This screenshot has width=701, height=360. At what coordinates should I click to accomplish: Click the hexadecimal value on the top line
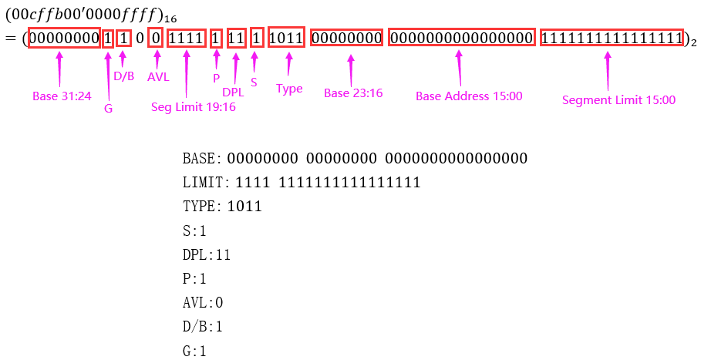[x=86, y=15]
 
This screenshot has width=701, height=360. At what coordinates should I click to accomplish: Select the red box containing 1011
[x=288, y=39]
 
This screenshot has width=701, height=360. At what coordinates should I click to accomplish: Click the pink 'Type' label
[x=289, y=89]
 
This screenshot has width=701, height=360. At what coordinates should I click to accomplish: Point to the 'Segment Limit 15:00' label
[x=618, y=99]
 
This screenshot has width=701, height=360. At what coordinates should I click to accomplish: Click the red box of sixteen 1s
[x=612, y=39]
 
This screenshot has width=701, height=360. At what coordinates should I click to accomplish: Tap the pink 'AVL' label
[x=157, y=77]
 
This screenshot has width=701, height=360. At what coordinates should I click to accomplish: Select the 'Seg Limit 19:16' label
[x=193, y=107]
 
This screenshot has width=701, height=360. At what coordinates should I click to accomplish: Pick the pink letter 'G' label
[x=108, y=109]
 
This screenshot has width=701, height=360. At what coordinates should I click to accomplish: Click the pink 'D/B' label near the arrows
[x=123, y=76]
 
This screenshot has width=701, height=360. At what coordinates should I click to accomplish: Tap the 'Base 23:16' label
[x=352, y=93]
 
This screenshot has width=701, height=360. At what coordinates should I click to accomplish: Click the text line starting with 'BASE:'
[x=355, y=159]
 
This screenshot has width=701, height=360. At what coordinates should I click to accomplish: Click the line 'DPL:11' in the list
[x=207, y=254]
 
